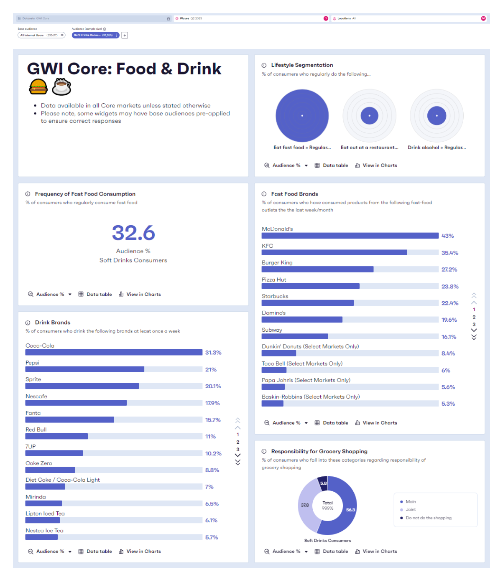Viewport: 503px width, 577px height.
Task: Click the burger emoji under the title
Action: pos(38,87)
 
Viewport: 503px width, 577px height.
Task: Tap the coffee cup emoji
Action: pos(61,87)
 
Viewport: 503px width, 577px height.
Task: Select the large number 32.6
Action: pos(133,233)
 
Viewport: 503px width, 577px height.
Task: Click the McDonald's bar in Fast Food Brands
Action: pos(350,236)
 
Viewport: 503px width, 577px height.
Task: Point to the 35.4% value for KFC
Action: pos(449,253)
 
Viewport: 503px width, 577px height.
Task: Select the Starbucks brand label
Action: pos(275,296)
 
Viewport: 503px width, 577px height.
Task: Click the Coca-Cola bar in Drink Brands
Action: pos(114,353)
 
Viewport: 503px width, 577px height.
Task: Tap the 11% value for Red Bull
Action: pos(210,437)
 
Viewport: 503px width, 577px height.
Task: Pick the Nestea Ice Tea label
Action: pos(44,531)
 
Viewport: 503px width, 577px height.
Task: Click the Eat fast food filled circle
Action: pos(302,116)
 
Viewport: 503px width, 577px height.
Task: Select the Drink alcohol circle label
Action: pos(437,147)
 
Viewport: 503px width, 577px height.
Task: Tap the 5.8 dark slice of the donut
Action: pos(323,482)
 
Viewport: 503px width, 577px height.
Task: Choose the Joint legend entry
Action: pos(410,510)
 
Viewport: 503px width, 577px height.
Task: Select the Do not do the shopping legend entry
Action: pos(428,518)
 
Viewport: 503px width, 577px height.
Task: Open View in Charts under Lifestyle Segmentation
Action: pos(376,165)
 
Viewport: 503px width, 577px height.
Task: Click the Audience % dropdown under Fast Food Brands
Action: pos(286,423)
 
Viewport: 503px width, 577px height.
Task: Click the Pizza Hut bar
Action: pos(310,286)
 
